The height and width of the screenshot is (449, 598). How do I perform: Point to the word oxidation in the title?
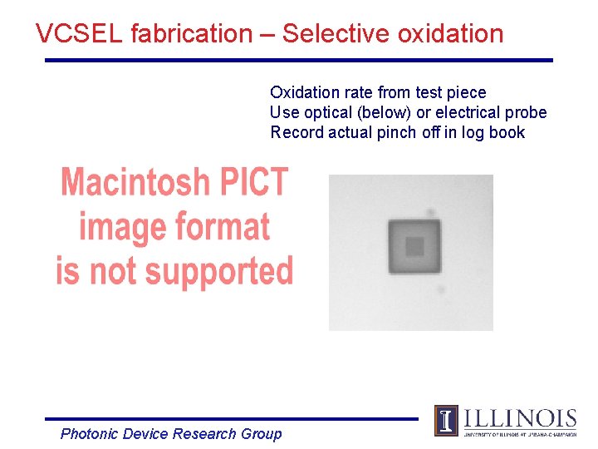450,34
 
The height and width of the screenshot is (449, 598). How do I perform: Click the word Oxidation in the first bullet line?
303,92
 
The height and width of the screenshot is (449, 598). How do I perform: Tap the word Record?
295,132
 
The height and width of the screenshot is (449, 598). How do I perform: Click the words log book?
495,132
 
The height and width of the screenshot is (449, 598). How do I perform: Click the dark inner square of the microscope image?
414,246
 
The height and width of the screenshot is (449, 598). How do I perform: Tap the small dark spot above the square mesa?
430,213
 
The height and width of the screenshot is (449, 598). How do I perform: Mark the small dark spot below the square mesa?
440,289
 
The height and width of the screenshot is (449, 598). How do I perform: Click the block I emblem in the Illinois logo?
446,420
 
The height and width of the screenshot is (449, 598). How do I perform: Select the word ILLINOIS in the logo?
519,417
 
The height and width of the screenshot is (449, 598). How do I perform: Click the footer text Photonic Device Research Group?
171,433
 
